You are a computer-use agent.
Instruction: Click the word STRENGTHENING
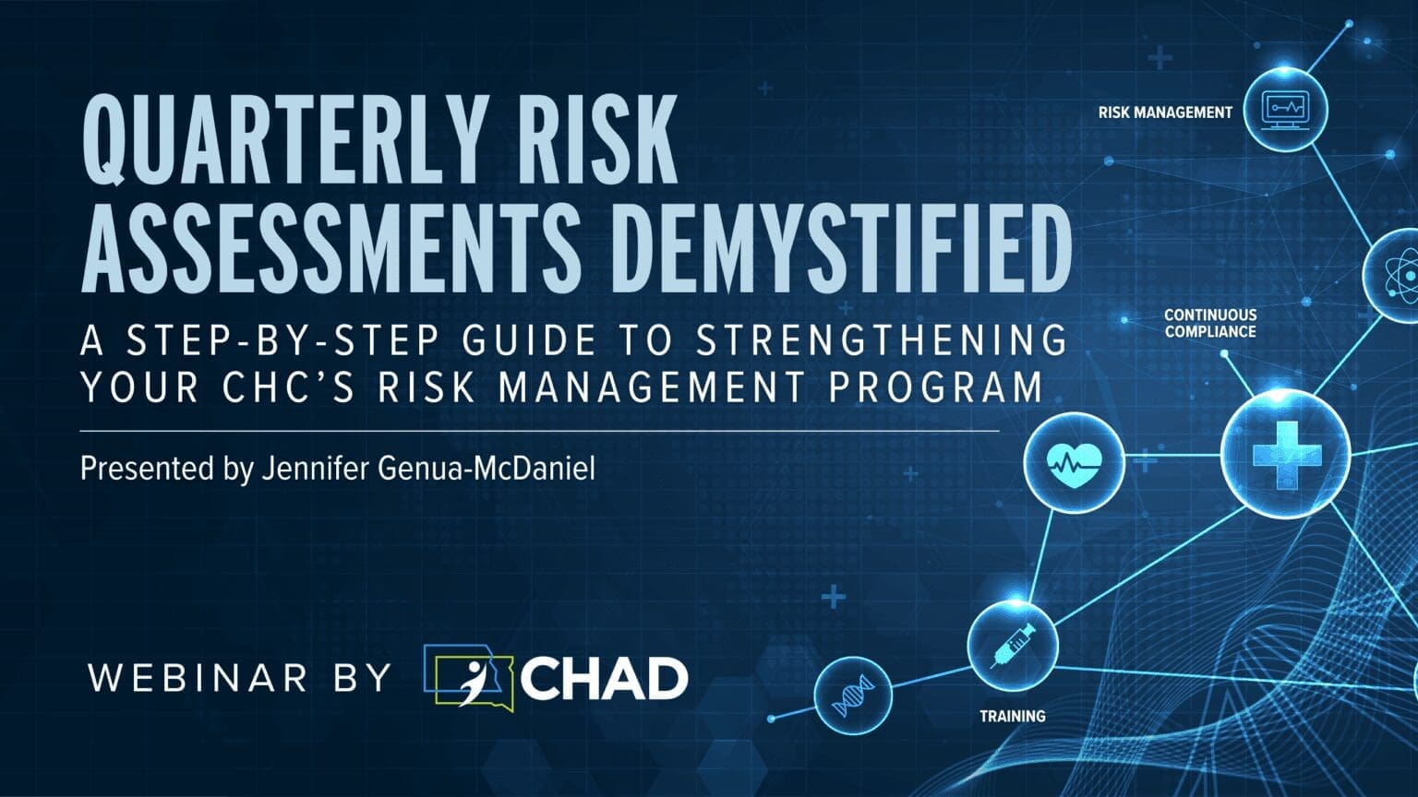[881, 340]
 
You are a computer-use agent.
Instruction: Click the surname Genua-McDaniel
[487, 469]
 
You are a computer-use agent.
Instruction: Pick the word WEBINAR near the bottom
[198, 678]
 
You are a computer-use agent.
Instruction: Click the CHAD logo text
[605, 679]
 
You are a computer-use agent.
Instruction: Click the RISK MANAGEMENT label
[1164, 113]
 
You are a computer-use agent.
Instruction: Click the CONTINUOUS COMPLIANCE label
[1209, 323]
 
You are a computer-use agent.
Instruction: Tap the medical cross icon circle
[1284, 454]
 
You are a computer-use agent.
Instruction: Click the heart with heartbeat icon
[1074, 461]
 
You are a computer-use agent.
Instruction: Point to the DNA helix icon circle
[852, 696]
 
